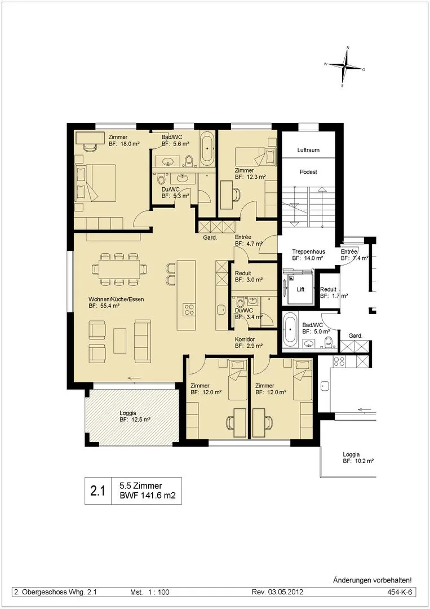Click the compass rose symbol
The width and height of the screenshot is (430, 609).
345,67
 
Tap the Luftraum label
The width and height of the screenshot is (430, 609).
308,150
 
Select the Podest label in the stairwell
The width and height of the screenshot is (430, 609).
308,171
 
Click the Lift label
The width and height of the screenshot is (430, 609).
300,289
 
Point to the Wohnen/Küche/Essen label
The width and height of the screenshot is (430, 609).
116,299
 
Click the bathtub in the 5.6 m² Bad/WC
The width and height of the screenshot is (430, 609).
206,148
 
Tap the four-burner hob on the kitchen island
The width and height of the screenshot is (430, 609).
189,309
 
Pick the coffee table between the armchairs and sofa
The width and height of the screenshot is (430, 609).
120,341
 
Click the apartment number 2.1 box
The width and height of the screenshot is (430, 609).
98,491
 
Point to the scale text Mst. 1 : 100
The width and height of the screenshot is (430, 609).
150,592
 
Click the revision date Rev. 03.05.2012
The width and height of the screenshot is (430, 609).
277,592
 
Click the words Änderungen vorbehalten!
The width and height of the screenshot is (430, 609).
372,580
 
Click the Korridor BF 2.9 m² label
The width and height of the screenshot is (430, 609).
249,342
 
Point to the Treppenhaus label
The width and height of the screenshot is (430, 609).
308,251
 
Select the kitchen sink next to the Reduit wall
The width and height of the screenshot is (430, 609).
221,309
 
